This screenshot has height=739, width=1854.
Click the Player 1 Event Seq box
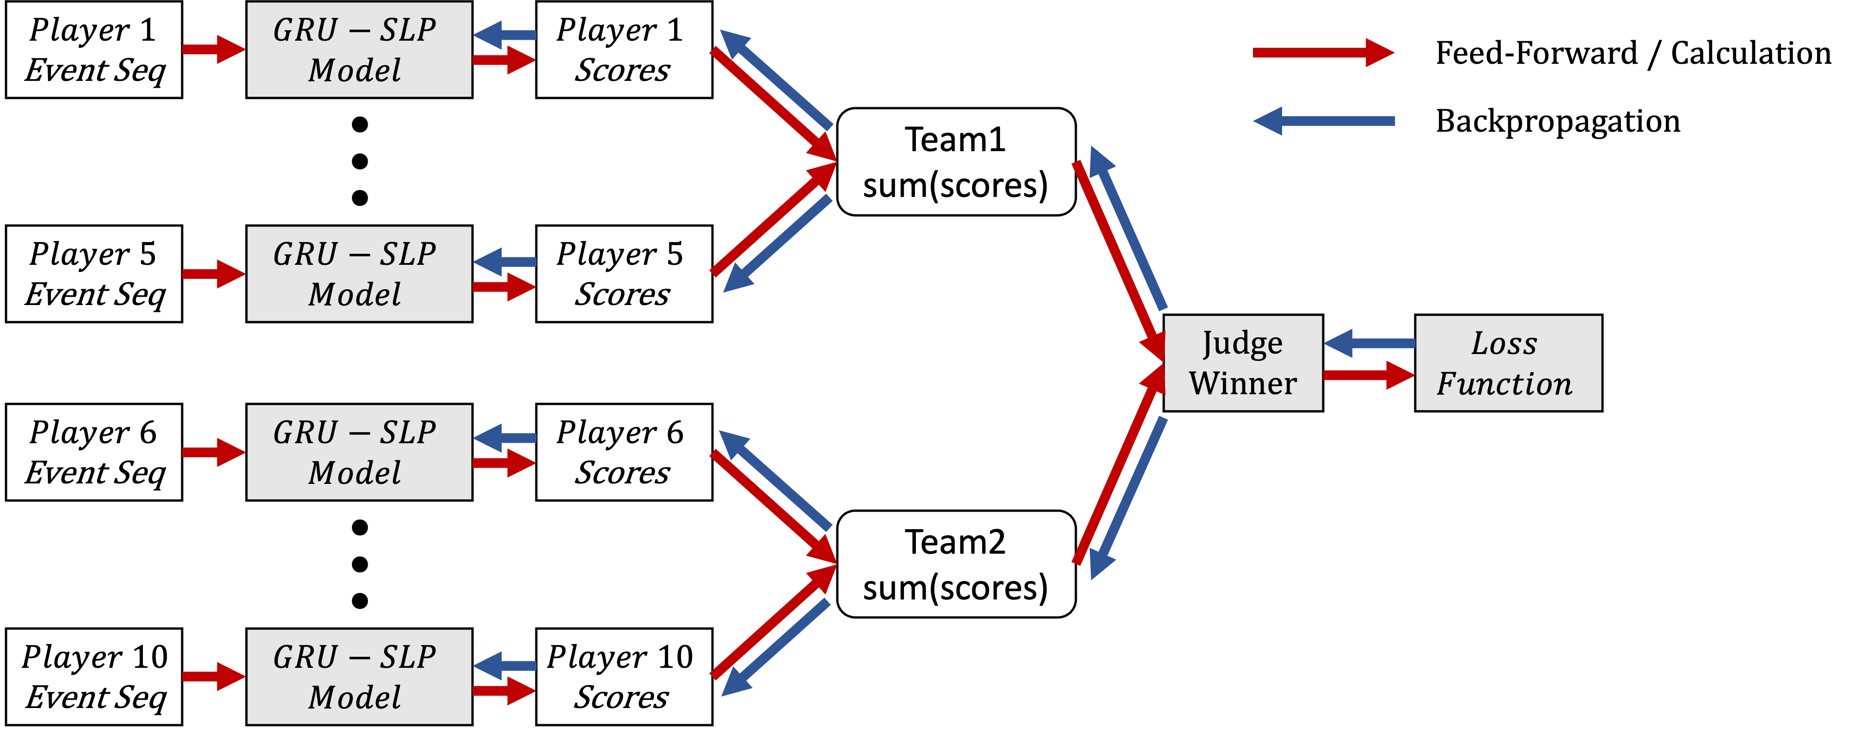(x=93, y=49)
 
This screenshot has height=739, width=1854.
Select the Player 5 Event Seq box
(x=93, y=274)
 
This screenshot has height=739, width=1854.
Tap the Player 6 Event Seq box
(x=93, y=452)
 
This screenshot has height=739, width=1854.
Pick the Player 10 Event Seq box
(x=93, y=677)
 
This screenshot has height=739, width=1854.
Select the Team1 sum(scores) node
(x=956, y=162)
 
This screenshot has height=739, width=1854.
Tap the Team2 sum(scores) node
(x=956, y=564)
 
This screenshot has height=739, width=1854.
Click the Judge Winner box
(x=1243, y=363)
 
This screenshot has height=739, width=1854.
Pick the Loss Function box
(x=1508, y=363)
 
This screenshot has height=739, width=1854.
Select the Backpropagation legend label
(x=1560, y=121)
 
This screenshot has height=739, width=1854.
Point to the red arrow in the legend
(x=1323, y=53)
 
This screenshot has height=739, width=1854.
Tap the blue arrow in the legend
(x=1323, y=121)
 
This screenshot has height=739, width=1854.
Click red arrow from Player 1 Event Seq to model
(x=213, y=49)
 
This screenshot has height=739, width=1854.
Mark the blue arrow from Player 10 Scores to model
(x=504, y=666)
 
